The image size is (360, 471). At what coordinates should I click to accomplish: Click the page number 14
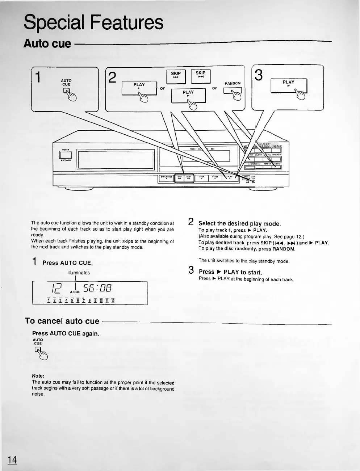click(x=12, y=459)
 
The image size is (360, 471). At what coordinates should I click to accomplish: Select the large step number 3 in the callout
click(x=259, y=75)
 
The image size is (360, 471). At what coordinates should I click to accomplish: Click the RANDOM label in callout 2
click(x=233, y=83)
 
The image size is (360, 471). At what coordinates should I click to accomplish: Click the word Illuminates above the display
click(x=79, y=273)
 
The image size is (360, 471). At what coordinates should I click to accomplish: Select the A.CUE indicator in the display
click(x=75, y=291)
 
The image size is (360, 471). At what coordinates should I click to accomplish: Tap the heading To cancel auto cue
click(x=62, y=321)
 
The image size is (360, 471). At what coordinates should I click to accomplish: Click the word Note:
click(x=38, y=376)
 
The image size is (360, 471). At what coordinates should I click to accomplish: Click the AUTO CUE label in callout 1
click(x=66, y=83)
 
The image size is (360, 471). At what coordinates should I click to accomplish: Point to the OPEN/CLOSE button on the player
click(x=166, y=178)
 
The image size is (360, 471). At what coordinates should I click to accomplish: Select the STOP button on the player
click(x=202, y=178)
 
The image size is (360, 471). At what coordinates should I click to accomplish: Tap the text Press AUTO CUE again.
click(x=66, y=333)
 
